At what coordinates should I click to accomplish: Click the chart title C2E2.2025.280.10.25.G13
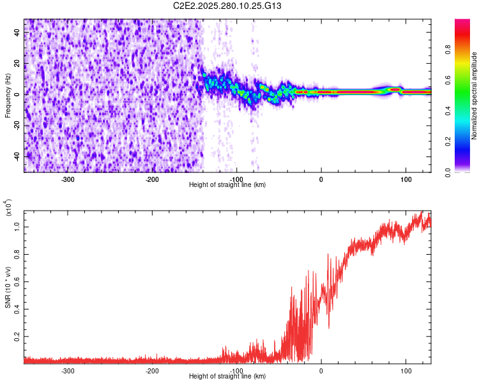228,6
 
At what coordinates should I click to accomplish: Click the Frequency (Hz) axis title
8,96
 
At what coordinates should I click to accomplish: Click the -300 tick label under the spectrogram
68,178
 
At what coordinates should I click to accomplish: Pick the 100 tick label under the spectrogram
406,178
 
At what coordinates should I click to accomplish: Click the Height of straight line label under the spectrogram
228,184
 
